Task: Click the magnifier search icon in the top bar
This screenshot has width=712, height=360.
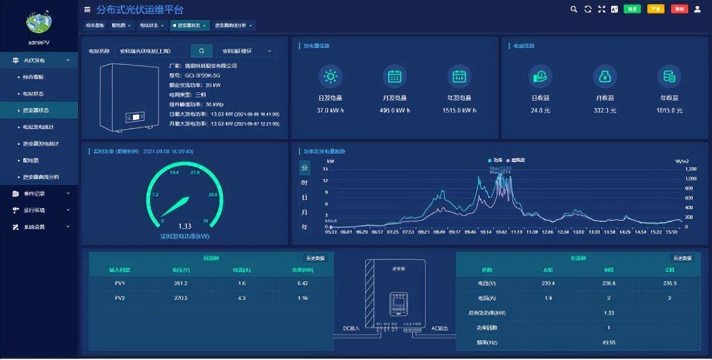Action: coord(574,9)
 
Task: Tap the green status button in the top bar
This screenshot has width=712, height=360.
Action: coord(632,9)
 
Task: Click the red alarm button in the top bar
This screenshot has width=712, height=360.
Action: coord(680,9)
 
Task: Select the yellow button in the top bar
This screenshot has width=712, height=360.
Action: coord(656,9)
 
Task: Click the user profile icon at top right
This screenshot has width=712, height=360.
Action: coord(698,9)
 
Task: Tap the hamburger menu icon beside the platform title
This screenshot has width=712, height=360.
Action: coord(87,10)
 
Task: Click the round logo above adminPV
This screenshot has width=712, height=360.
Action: coord(39,22)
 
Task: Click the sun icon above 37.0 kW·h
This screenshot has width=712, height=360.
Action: coord(331,76)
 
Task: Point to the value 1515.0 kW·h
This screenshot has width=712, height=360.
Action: coord(459,111)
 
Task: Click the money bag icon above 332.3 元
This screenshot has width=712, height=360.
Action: coord(604,76)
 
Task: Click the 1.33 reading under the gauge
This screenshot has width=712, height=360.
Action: coord(185,226)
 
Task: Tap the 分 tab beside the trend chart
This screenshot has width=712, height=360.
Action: coord(304,168)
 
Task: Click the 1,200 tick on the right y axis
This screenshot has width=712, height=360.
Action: coord(691,169)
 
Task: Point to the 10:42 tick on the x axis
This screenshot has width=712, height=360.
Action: coord(501,232)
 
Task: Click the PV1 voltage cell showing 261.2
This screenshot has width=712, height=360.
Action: coord(181,284)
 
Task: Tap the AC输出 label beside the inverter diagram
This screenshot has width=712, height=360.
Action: coord(440,328)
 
